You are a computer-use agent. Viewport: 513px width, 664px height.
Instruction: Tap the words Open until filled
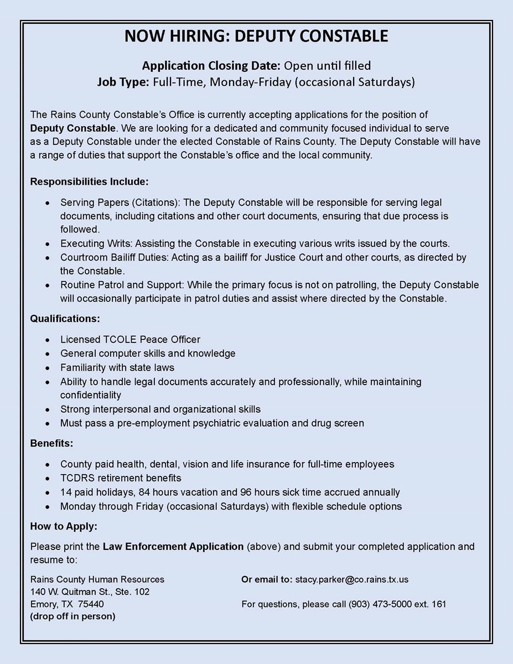click(327, 66)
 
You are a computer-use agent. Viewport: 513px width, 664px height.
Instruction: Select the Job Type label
click(123, 82)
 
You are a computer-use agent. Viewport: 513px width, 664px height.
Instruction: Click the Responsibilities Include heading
click(89, 181)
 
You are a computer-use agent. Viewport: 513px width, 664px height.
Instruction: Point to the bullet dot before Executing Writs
click(49, 243)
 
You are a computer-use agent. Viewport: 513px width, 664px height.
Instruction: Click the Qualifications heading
click(65, 319)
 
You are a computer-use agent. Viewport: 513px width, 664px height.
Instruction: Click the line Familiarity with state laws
click(117, 367)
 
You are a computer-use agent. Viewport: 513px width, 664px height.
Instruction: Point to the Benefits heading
click(51, 444)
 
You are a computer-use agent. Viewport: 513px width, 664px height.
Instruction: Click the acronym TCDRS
click(76, 478)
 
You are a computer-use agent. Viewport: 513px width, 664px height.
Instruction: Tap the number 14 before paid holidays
click(66, 492)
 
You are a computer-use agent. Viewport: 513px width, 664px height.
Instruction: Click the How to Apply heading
click(63, 527)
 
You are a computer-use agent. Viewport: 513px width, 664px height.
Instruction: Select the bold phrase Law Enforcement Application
click(173, 547)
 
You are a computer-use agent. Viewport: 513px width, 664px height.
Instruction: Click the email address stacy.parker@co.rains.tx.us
click(352, 579)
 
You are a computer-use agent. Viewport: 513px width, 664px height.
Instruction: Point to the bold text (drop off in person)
click(72, 616)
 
